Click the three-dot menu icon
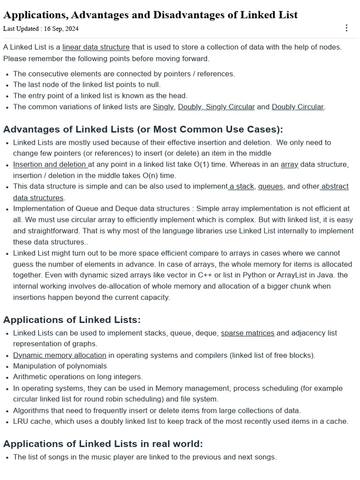click(x=346, y=28)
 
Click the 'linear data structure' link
click(x=96, y=47)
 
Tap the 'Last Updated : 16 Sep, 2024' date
click(x=41, y=29)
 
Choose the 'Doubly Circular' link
click(x=298, y=106)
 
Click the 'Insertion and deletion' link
click(x=50, y=165)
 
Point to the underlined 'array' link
click(x=290, y=165)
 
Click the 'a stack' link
click(x=241, y=186)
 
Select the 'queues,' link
click(x=271, y=186)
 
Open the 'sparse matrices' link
click(x=247, y=333)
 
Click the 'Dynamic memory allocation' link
click(x=60, y=355)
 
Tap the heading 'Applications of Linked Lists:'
click(x=72, y=320)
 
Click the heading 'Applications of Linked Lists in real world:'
click(x=103, y=443)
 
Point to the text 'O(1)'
click(x=199, y=165)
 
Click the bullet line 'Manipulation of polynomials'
click(x=60, y=366)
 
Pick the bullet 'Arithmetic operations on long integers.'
click(x=78, y=376)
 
